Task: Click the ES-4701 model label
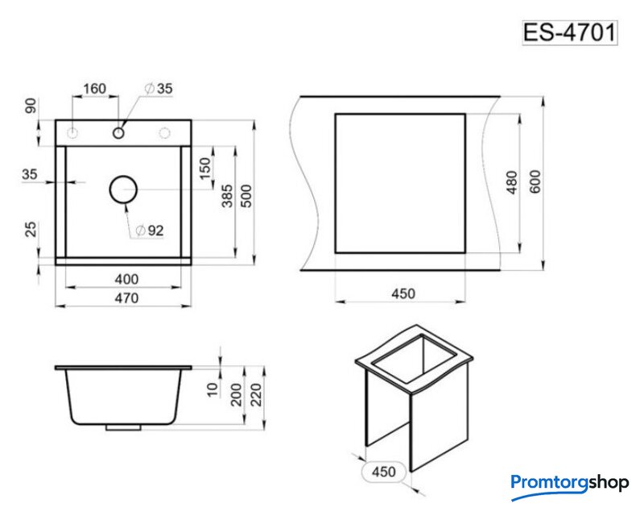570,32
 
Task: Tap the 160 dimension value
94,89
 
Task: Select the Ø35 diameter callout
159,89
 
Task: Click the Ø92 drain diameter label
150,231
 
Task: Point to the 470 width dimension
126,298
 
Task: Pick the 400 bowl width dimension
126,279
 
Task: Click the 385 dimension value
227,196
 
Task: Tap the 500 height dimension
246,196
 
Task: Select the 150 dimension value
204,169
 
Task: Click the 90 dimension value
31,106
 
